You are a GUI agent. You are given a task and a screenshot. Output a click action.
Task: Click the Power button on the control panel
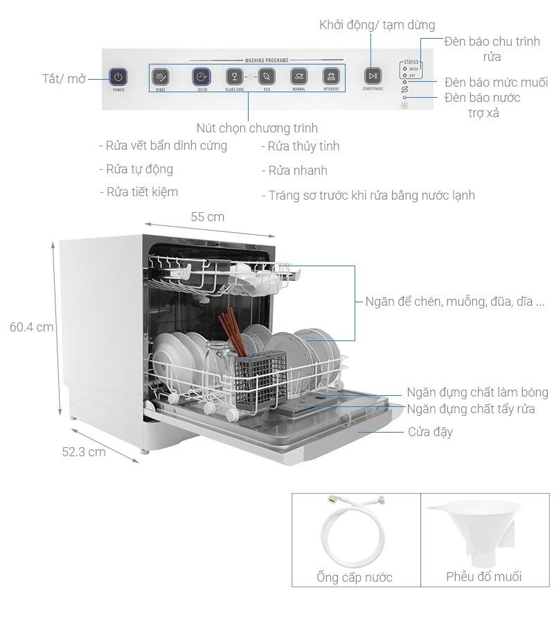click(x=118, y=76)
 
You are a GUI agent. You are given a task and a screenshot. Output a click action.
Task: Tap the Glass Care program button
click(x=235, y=76)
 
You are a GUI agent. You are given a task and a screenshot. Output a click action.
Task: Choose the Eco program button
click(x=267, y=76)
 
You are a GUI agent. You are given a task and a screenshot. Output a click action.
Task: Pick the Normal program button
click(x=299, y=76)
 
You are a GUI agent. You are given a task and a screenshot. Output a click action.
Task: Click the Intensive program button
click(x=332, y=76)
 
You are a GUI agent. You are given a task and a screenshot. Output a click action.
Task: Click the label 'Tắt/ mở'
click(x=64, y=78)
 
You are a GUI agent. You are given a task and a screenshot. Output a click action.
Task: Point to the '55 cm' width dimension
click(x=207, y=217)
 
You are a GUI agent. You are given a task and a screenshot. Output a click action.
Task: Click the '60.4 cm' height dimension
click(x=31, y=327)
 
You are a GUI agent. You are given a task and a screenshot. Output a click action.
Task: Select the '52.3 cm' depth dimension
click(x=84, y=451)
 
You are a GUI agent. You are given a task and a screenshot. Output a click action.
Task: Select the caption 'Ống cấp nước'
click(x=355, y=577)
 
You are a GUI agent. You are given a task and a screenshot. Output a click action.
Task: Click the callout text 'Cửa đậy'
click(x=430, y=432)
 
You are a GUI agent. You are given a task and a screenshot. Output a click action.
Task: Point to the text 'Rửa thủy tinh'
click(x=300, y=146)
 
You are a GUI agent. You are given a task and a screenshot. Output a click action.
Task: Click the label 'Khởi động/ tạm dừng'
click(x=377, y=25)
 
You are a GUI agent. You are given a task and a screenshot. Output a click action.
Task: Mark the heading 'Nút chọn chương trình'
click(x=257, y=128)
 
